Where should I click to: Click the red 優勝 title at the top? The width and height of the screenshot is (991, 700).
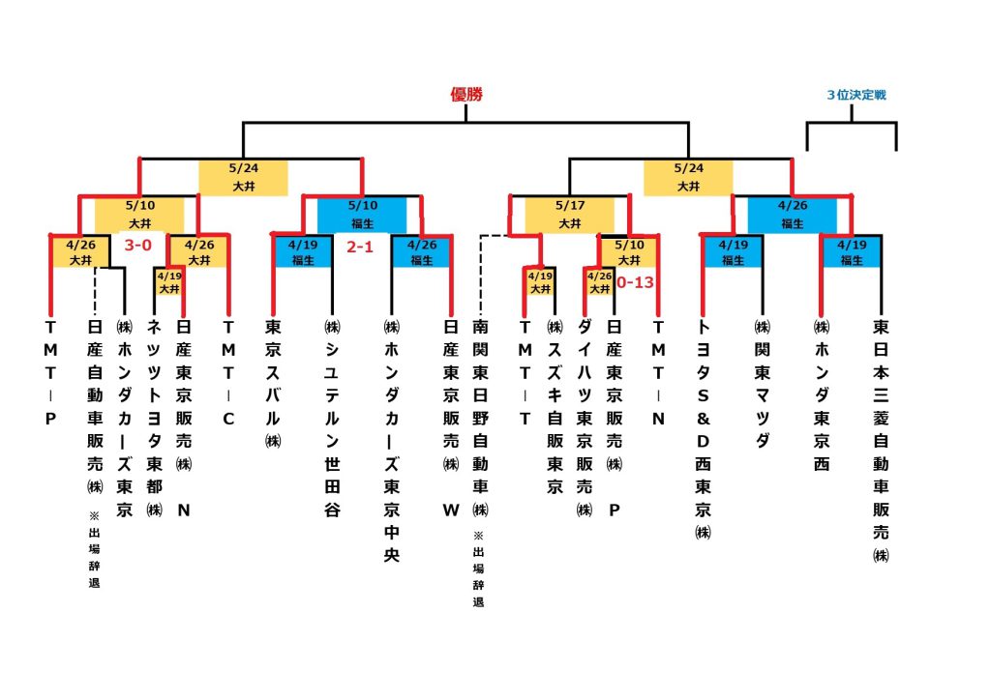(x=465, y=95)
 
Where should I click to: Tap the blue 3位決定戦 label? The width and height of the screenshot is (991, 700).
(x=856, y=95)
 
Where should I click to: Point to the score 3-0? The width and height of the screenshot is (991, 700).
(x=138, y=247)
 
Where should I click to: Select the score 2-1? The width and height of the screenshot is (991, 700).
(x=361, y=247)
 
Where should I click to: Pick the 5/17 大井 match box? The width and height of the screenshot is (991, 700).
(x=569, y=216)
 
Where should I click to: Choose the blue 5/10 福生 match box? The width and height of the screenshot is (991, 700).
(x=362, y=215)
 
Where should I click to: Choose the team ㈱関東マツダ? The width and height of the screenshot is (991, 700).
(x=762, y=383)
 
